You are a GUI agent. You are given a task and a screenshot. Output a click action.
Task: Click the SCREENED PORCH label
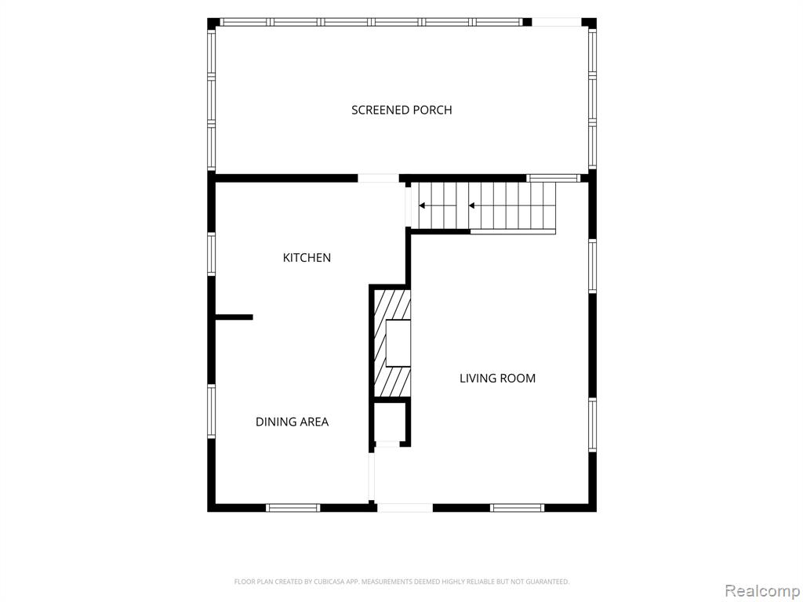coord(401,110)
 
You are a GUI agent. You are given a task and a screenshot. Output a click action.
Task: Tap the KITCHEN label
coord(307,257)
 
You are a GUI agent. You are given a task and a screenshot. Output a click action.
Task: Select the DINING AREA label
coord(292,422)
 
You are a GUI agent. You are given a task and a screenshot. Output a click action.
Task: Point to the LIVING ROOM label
coord(497,379)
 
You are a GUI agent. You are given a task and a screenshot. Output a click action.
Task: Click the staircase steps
coord(487,205)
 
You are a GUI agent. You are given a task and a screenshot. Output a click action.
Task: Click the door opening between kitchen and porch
coord(378,178)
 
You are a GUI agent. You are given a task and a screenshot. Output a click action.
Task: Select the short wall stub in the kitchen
coord(234,317)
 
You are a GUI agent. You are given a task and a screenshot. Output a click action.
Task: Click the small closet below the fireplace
coord(390,422)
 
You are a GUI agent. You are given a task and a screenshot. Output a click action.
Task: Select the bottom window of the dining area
coord(293,508)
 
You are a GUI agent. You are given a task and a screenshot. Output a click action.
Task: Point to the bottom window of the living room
coord(518,508)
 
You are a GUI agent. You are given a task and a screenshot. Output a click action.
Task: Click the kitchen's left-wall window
coord(212,254)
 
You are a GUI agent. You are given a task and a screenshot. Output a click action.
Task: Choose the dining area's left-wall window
coord(212,412)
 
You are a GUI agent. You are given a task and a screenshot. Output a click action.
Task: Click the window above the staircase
coord(553,178)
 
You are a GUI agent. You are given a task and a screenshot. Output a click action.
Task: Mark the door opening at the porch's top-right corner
coord(557,22)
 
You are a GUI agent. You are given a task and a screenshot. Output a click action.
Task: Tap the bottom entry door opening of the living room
coord(405,508)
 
